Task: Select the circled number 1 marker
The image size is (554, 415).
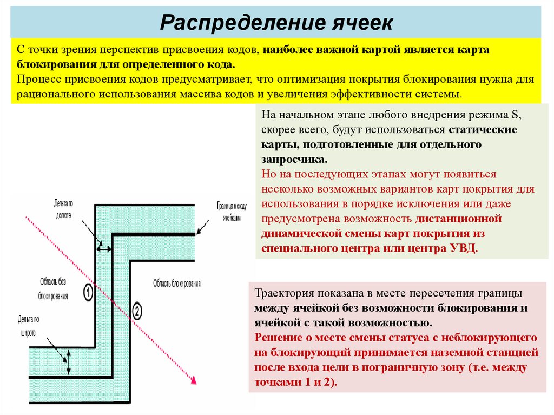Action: coord(88,293)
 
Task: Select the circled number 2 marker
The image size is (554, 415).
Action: coord(136,311)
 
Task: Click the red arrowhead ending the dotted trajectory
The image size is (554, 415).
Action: coord(193,381)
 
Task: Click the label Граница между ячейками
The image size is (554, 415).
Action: coord(231,211)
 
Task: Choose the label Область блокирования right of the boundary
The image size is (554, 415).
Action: coord(176,283)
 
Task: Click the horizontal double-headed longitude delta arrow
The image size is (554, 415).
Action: coord(104,248)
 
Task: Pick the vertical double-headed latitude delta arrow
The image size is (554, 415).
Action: coord(69,361)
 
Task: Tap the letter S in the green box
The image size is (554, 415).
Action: coord(515,115)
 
